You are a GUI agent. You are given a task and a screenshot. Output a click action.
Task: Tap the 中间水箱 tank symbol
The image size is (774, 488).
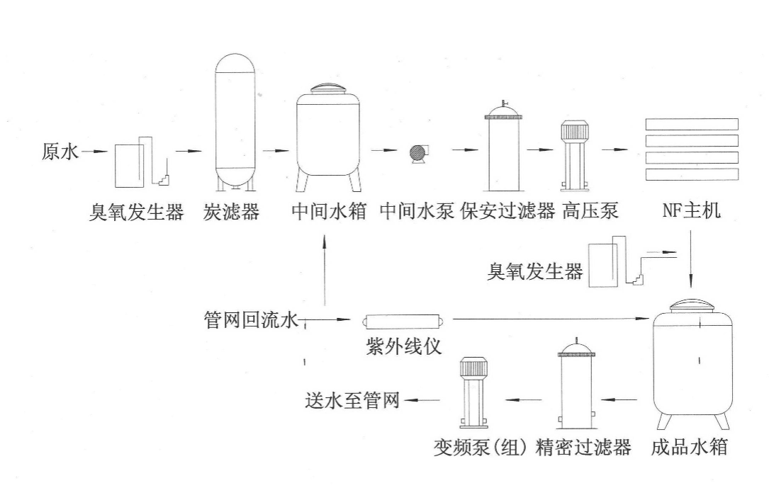coord(328,138)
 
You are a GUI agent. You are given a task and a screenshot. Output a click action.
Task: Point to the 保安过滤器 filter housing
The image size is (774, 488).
coord(503,149)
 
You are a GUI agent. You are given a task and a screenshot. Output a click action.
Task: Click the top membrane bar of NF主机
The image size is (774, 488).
coord(692,124)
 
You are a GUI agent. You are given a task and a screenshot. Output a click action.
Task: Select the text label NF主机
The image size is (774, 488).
coord(692,211)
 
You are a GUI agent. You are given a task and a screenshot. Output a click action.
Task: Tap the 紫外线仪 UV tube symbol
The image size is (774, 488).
coord(403,322)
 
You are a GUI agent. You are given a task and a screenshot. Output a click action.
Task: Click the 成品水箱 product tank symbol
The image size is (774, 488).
coord(692,361)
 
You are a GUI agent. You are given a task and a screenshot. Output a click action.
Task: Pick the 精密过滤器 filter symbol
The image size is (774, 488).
coord(575,386)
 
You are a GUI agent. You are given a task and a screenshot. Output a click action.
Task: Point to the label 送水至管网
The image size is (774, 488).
coord(352,402)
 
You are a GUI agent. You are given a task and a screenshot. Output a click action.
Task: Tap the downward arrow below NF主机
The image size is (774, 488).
coord(692,266)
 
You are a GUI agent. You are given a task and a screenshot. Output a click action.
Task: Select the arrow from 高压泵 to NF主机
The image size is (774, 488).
coord(615,150)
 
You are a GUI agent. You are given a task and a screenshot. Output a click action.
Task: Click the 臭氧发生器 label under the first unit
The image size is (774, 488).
coord(136,211)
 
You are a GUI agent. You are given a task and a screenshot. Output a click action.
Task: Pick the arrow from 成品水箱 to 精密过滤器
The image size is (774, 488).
coord(622,400)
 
